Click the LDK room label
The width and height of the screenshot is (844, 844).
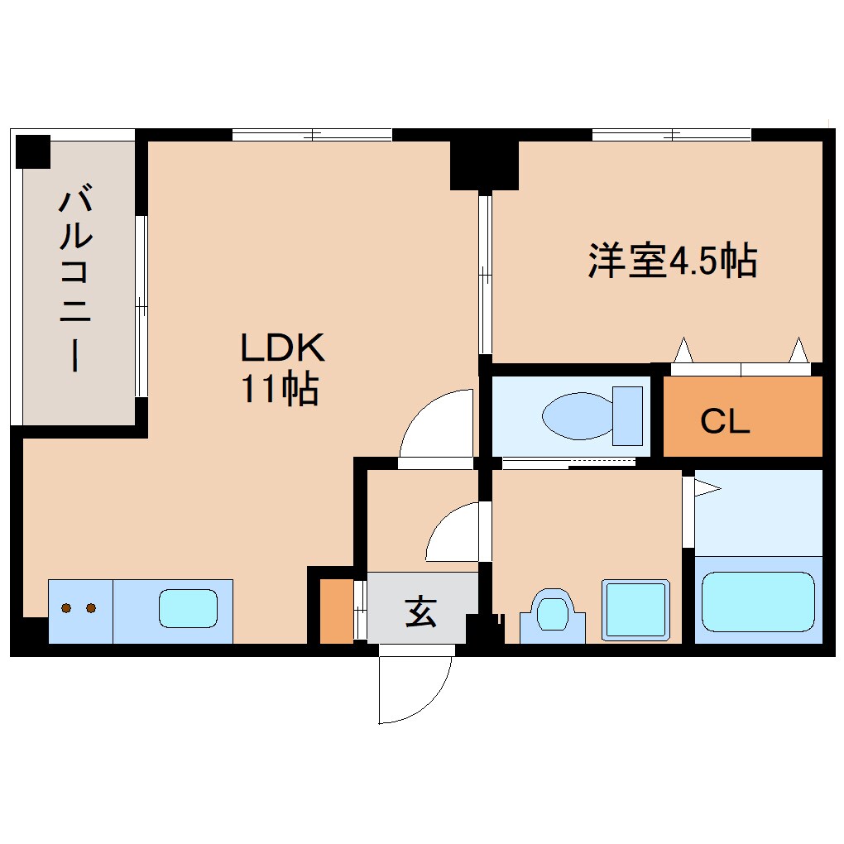283,348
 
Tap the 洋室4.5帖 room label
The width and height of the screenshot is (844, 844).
672,261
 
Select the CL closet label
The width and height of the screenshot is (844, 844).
724,422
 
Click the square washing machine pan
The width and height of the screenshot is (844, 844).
634,610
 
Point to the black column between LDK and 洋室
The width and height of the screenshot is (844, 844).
484,163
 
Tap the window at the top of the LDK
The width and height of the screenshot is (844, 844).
312,134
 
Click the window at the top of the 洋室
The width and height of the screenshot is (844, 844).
671,134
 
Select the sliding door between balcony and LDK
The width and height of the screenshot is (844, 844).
141,306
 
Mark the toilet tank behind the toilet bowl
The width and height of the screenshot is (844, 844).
627,415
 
